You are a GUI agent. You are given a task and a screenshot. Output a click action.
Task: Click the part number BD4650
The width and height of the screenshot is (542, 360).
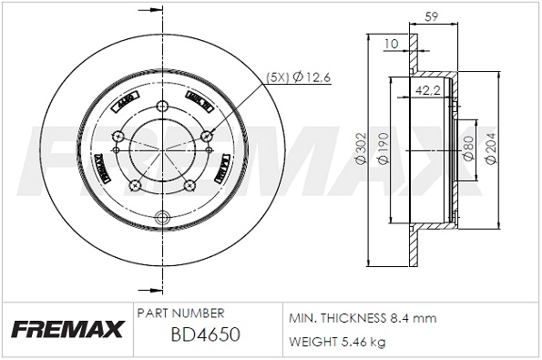click(205, 334)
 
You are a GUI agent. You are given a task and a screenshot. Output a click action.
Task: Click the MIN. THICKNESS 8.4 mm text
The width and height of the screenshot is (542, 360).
click(363, 318)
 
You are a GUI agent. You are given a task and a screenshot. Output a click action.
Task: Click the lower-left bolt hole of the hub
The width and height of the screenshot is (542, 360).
click(136, 187)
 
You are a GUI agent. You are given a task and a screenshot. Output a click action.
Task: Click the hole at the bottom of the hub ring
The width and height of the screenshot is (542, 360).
click(163, 217)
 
